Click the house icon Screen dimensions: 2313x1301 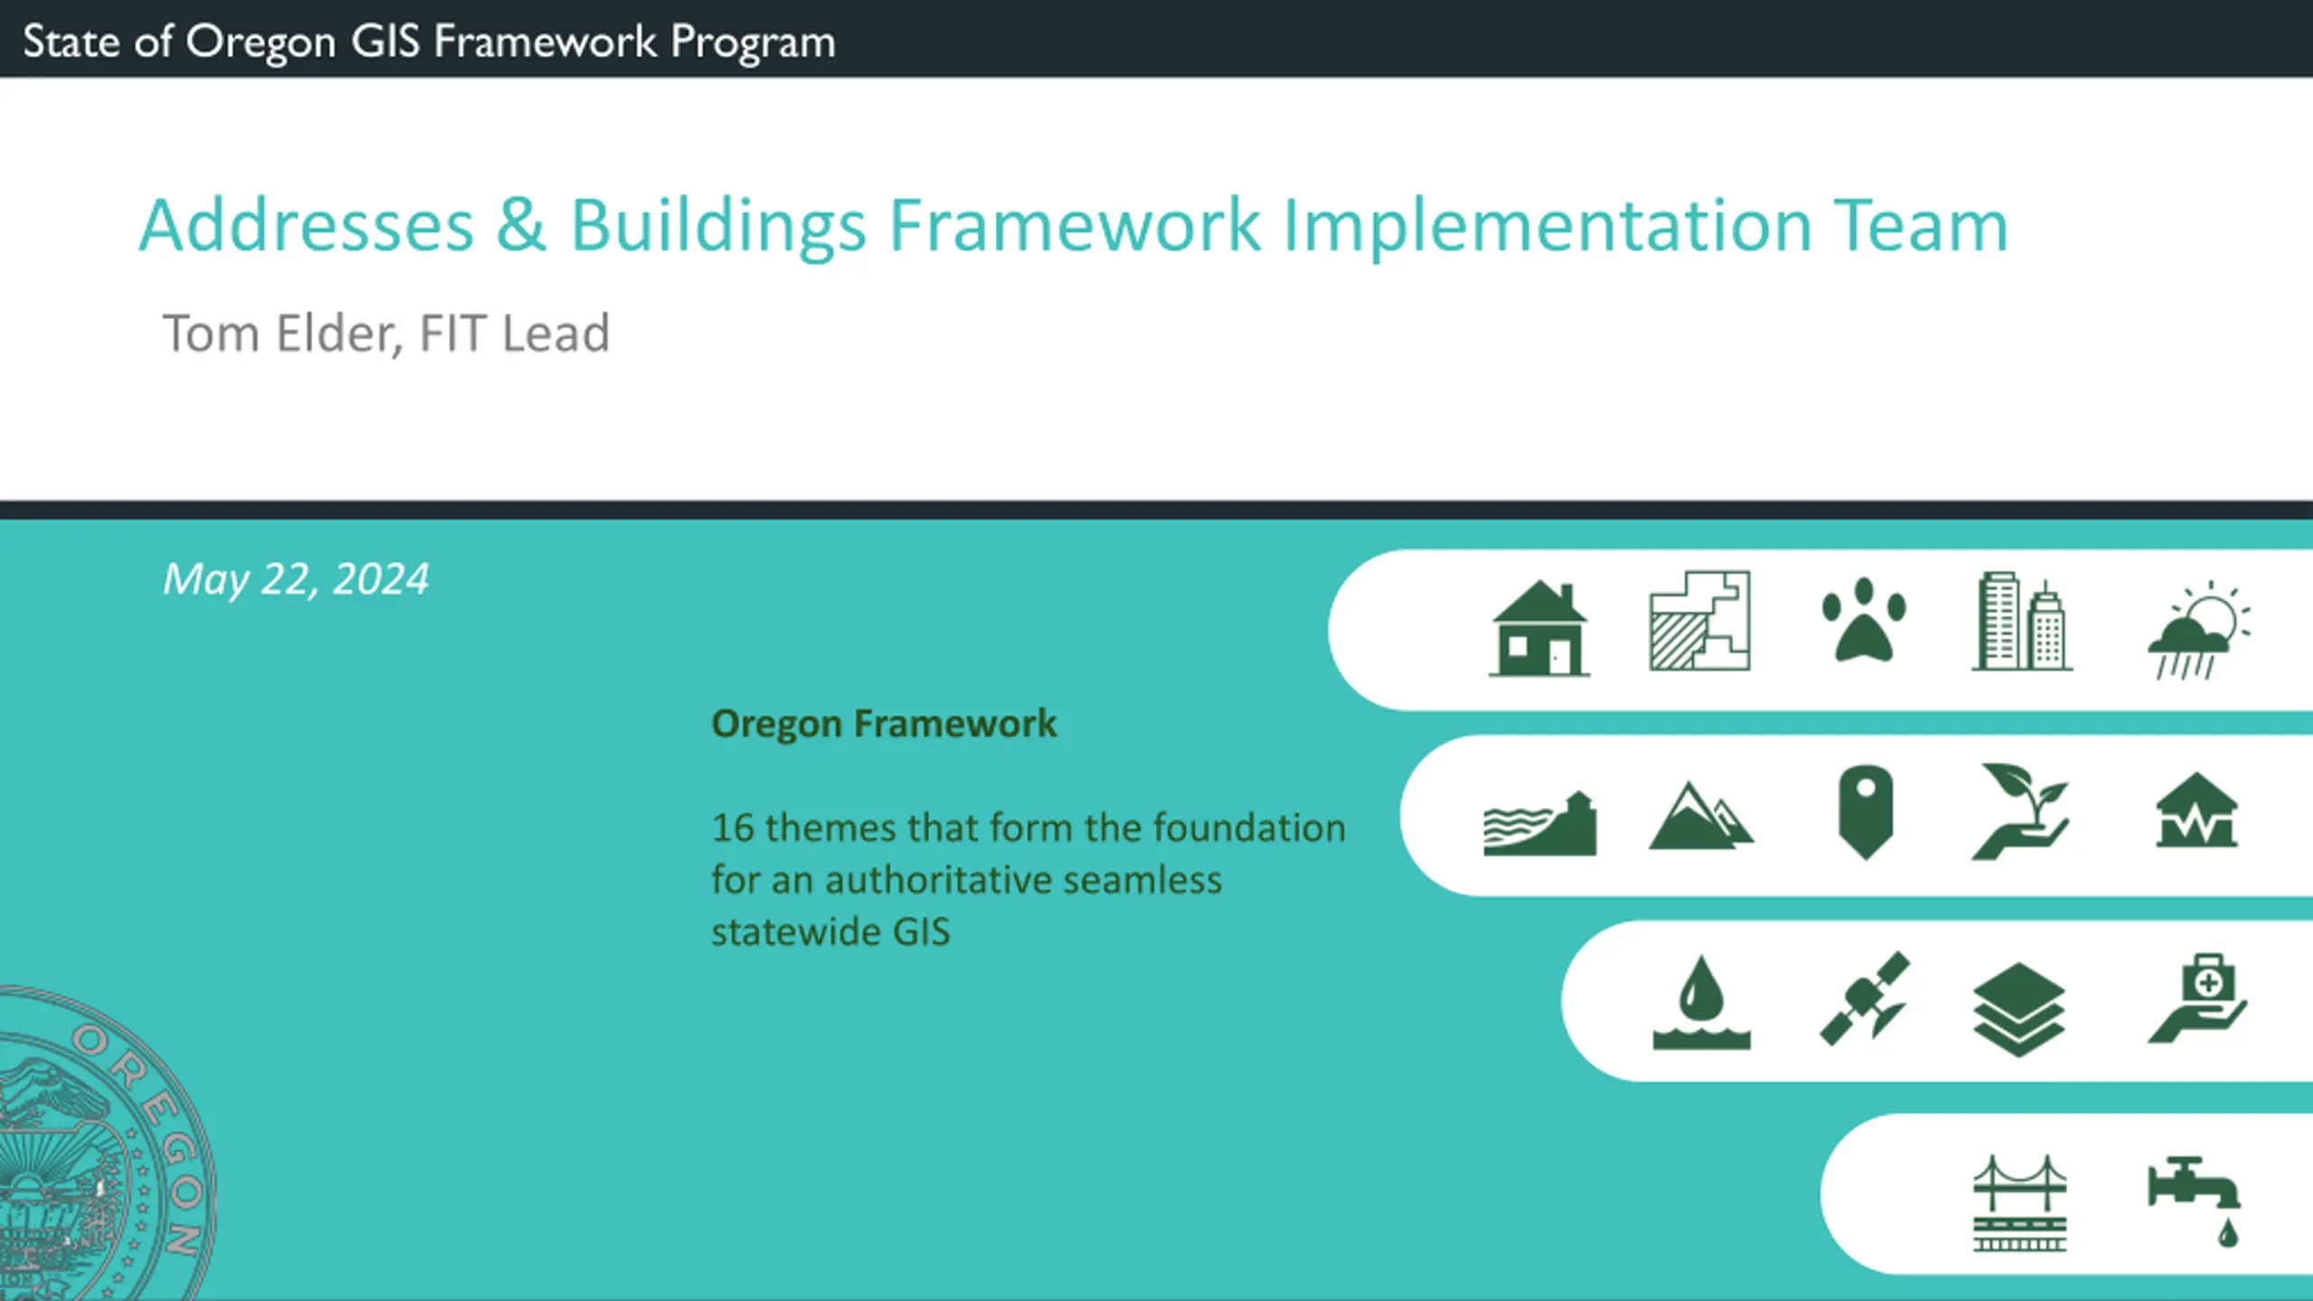[x=1539, y=629]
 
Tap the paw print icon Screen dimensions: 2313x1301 [x=1864, y=622]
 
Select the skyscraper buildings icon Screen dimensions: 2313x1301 [x=2022, y=622]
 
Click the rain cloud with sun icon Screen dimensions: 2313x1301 [x=2198, y=630]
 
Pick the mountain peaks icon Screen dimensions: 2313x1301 [x=1700, y=817]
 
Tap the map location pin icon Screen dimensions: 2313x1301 [x=1865, y=812]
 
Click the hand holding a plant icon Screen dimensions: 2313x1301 [x=2020, y=811]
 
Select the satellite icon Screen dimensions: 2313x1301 [x=1865, y=998]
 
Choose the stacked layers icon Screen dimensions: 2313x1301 [x=2019, y=1009]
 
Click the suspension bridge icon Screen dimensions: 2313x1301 [x=2019, y=1203]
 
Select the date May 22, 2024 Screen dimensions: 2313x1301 [x=295, y=580]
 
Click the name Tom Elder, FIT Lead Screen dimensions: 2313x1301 [x=386, y=333]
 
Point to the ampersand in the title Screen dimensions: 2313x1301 [x=521, y=225]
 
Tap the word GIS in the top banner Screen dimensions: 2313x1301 [x=386, y=42]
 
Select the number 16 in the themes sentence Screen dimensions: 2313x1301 [x=733, y=828]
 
